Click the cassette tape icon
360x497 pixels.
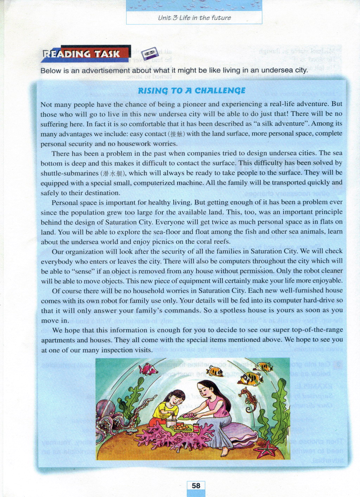[150, 53]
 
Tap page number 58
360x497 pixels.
[196, 486]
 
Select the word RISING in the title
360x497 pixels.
[153, 91]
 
